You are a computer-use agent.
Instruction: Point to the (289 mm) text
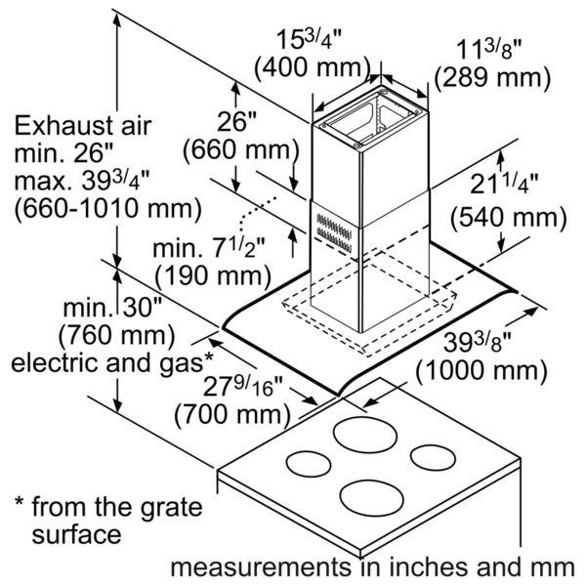coord(489,76)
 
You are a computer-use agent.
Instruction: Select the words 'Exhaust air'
coord(83,125)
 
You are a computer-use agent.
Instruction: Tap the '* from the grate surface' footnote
coord(107,522)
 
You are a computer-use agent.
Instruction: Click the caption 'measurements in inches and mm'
coord(371,565)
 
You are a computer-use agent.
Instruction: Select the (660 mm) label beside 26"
coord(239,150)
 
